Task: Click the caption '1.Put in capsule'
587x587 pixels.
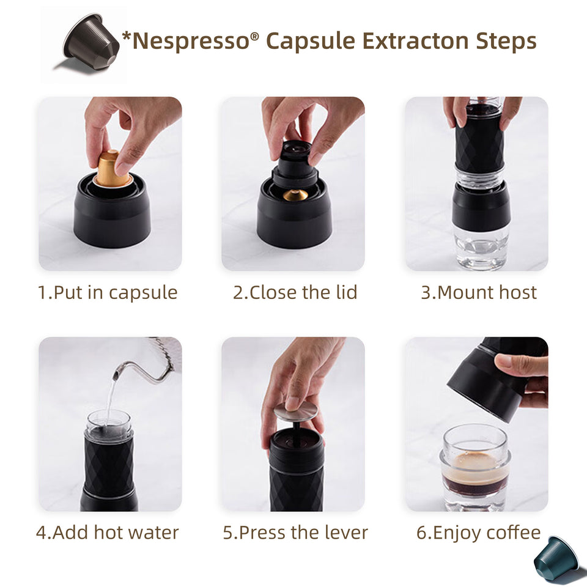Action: tap(108, 292)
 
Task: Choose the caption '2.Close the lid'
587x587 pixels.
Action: tap(295, 292)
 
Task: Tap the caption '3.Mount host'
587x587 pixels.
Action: tap(478, 292)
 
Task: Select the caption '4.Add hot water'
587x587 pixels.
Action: tap(108, 532)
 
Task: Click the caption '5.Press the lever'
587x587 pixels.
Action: tap(295, 532)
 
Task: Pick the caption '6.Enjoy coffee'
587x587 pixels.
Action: tap(478, 532)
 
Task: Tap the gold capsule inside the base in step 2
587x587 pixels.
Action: tap(295, 195)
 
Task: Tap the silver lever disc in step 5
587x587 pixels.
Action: tap(295, 412)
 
